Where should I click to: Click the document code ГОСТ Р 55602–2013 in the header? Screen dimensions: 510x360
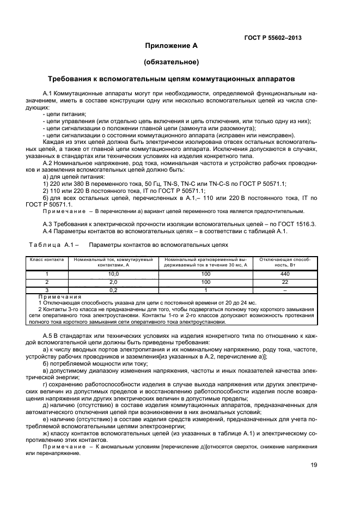click(x=273, y=38)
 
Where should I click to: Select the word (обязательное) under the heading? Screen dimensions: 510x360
click(x=171, y=62)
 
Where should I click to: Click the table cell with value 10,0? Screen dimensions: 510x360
click(x=114, y=274)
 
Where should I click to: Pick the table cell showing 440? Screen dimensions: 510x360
click(x=284, y=274)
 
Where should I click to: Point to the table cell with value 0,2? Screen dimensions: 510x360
click(x=114, y=290)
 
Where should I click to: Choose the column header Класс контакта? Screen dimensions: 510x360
click(x=47, y=260)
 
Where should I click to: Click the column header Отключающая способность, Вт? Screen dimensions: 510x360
click(x=284, y=263)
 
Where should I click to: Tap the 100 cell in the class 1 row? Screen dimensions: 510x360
click(x=206, y=274)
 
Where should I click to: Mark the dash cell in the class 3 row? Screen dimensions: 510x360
click(x=284, y=290)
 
